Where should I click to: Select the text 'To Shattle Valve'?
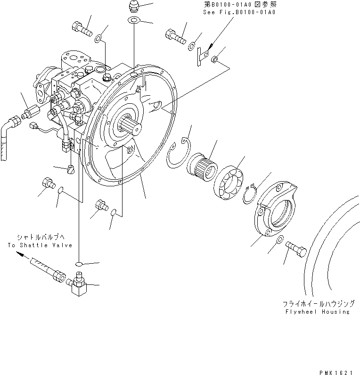pyautogui.click(x=40, y=245)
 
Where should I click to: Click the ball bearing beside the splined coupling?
pyautogui.click(x=229, y=181)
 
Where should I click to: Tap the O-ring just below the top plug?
pyautogui.click(x=134, y=21)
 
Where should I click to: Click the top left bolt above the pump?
pyautogui.click(x=82, y=29)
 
